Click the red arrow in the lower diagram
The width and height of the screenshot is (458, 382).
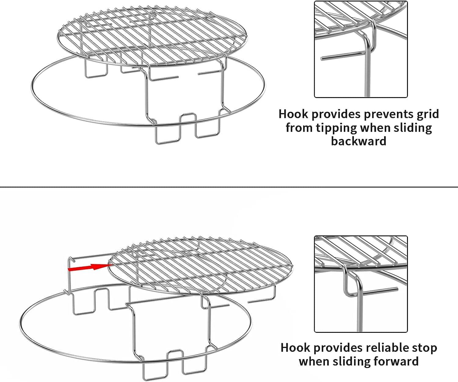[x=90, y=267]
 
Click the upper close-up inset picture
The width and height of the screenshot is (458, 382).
[x=361, y=49]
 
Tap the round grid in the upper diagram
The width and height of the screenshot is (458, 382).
[x=153, y=35]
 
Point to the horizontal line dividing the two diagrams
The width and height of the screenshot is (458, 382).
[x=229, y=187]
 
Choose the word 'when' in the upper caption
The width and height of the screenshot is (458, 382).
[x=377, y=128]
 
